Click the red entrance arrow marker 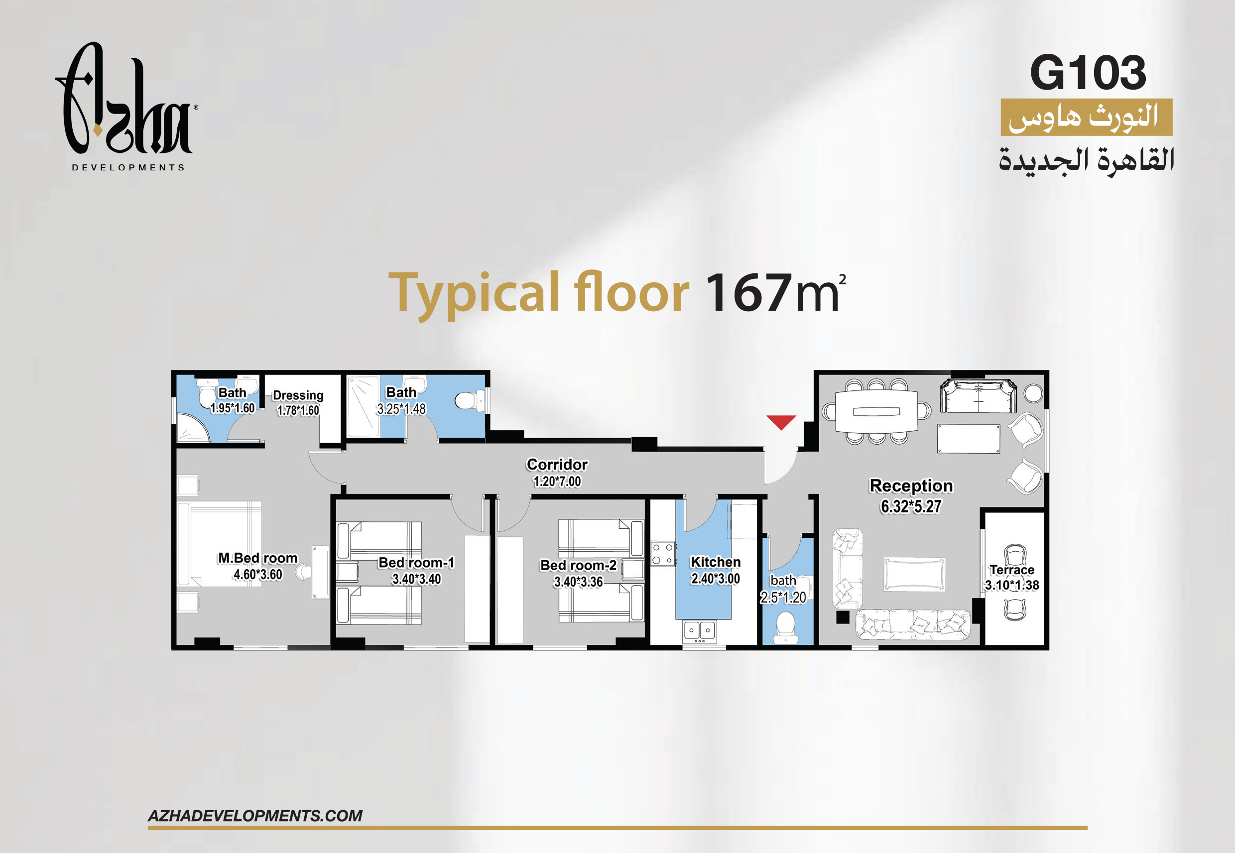coord(781,422)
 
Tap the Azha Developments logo coord(126,107)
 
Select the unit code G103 coord(1088,73)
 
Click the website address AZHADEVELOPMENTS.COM coord(255,816)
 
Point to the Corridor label coord(557,465)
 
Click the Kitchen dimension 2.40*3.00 coord(715,578)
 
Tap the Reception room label coord(911,486)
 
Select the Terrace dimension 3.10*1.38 coord(1011,585)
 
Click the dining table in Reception coord(876,411)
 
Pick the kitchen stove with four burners coord(663,554)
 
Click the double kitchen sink coord(700,631)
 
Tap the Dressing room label coord(298,395)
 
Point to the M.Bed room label coord(257,558)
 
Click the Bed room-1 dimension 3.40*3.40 coord(416,579)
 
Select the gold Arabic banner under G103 coord(1087,117)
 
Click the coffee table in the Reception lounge coord(914,574)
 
